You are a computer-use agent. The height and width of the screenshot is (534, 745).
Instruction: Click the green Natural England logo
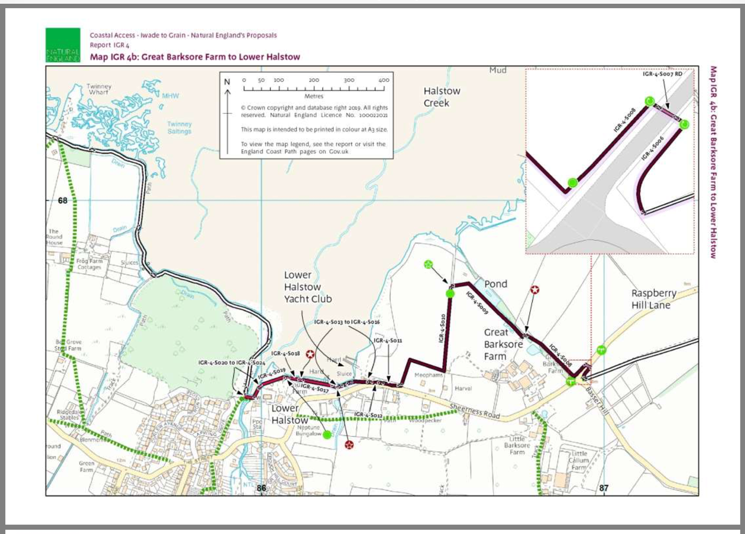(62, 45)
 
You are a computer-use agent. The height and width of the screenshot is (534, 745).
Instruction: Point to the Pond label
(496, 284)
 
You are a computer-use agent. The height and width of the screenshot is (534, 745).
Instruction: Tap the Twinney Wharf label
(99, 90)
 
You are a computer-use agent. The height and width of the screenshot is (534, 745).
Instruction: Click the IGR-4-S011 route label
(388, 340)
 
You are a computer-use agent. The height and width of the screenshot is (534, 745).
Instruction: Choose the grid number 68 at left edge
(63, 201)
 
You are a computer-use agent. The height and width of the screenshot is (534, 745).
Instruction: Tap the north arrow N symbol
(228, 82)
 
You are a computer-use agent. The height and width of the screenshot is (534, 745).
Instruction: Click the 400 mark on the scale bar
(383, 80)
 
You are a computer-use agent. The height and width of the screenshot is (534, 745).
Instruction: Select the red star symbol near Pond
(534, 290)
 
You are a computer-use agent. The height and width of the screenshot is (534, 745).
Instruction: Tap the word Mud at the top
(498, 71)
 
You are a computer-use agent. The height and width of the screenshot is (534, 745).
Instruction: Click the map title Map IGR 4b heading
(195, 57)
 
